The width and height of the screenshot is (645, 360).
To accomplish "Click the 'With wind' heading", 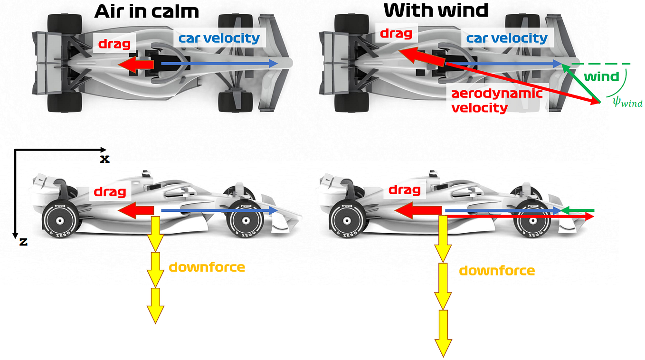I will pyautogui.click(x=436, y=10).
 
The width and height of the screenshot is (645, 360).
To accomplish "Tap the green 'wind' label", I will pyautogui.click(x=601, y=76).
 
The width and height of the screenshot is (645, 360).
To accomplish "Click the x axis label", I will pyautogui.click(x=104, y=159).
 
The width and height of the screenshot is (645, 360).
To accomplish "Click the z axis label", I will pyautogui.click(x=23, y=241).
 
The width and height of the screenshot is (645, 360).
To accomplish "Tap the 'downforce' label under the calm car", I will pyautogui.click(x=207, y=267).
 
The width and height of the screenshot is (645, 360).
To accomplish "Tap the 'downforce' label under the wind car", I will pyautogui.click(x=497, y=271).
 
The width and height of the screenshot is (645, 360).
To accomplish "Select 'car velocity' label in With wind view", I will pyautogui.click(x=507, y=38).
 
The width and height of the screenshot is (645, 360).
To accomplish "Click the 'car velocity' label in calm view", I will pyautogui.click(x=219, y=38).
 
